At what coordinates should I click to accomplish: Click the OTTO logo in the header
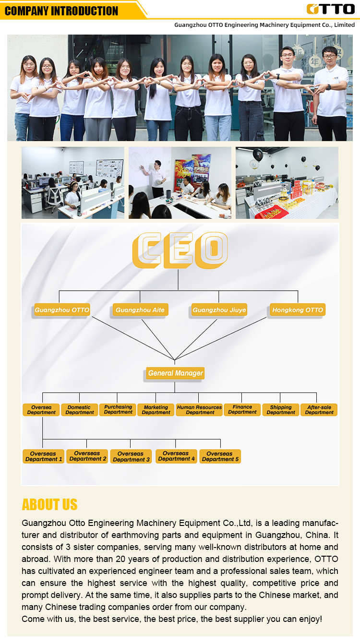[x=330, y=9]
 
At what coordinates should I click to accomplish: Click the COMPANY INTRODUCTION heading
[x=61, y=11]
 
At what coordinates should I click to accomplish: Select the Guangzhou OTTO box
[x=62, y=310]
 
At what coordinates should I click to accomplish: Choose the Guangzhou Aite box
[x=140, y=310]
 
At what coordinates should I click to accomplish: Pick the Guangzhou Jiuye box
[x=219, y=310]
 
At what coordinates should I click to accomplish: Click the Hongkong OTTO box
[x=298, y=310]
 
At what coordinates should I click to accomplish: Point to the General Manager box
[x=175, y=373]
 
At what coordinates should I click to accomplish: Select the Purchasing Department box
[x=118, y=410]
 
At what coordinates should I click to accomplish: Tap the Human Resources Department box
[x=199, y=410]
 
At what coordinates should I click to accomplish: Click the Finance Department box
[x=242, y=410]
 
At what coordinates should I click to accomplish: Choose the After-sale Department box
[x=319, y=410]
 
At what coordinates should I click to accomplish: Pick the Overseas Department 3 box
[x=131, y=456]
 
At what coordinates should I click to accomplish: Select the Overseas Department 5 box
[x=220, y=456]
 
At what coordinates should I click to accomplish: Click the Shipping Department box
[x=281, y=410]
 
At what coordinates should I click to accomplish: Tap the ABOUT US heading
[x=49, y=505]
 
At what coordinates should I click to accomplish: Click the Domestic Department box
[x=80, y=410]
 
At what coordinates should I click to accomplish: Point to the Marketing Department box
[x=156, y=410]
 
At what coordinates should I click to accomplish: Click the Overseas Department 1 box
[x=43, y=456]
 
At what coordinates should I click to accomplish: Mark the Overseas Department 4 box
[x=176, y=456]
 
